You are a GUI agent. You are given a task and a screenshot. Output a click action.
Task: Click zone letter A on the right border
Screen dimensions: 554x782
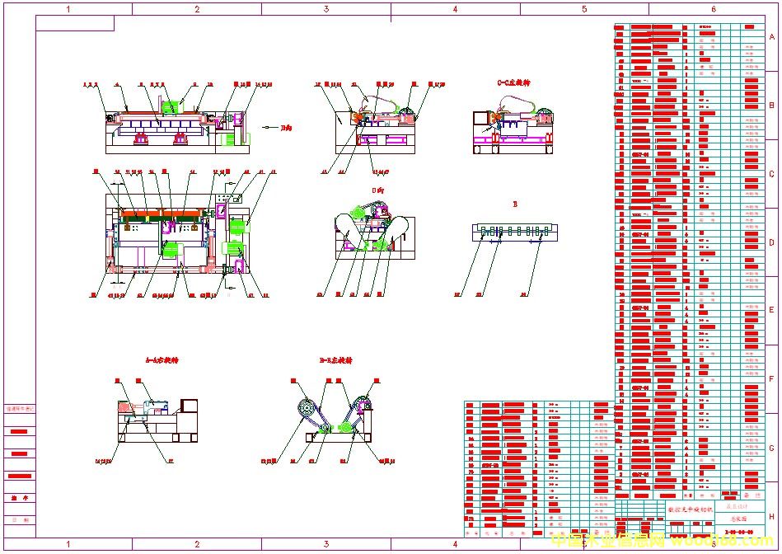(772, 38)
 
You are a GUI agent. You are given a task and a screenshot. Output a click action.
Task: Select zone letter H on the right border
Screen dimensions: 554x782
(772, 516)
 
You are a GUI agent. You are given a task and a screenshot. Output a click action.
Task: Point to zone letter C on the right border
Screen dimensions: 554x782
(772, 175)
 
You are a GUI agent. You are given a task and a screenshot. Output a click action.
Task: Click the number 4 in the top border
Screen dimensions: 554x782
(455, 9)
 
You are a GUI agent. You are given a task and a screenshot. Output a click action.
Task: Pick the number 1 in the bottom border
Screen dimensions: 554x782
(68, 544)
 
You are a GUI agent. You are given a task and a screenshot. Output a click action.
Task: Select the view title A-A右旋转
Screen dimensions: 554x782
(162, 360)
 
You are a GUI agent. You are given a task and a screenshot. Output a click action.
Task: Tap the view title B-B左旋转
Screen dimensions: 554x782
(335, 360)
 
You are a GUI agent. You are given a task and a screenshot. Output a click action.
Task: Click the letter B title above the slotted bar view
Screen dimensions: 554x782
(515, 202)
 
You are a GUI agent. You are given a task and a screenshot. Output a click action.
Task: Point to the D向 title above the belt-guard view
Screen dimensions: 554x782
(378, 190)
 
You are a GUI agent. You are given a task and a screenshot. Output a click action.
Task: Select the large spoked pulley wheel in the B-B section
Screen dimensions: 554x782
(304, 408)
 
